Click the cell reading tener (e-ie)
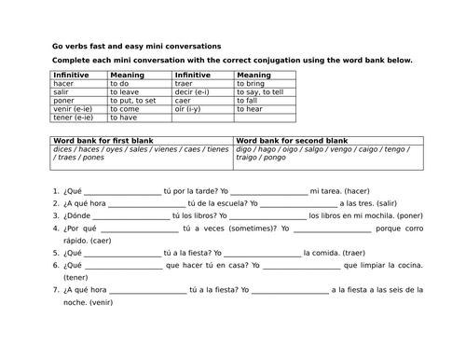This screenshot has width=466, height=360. tap(74, 118)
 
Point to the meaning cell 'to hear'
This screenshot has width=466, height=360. tap(251, 109)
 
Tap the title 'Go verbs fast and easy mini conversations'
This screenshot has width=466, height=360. tap(137, 46)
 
